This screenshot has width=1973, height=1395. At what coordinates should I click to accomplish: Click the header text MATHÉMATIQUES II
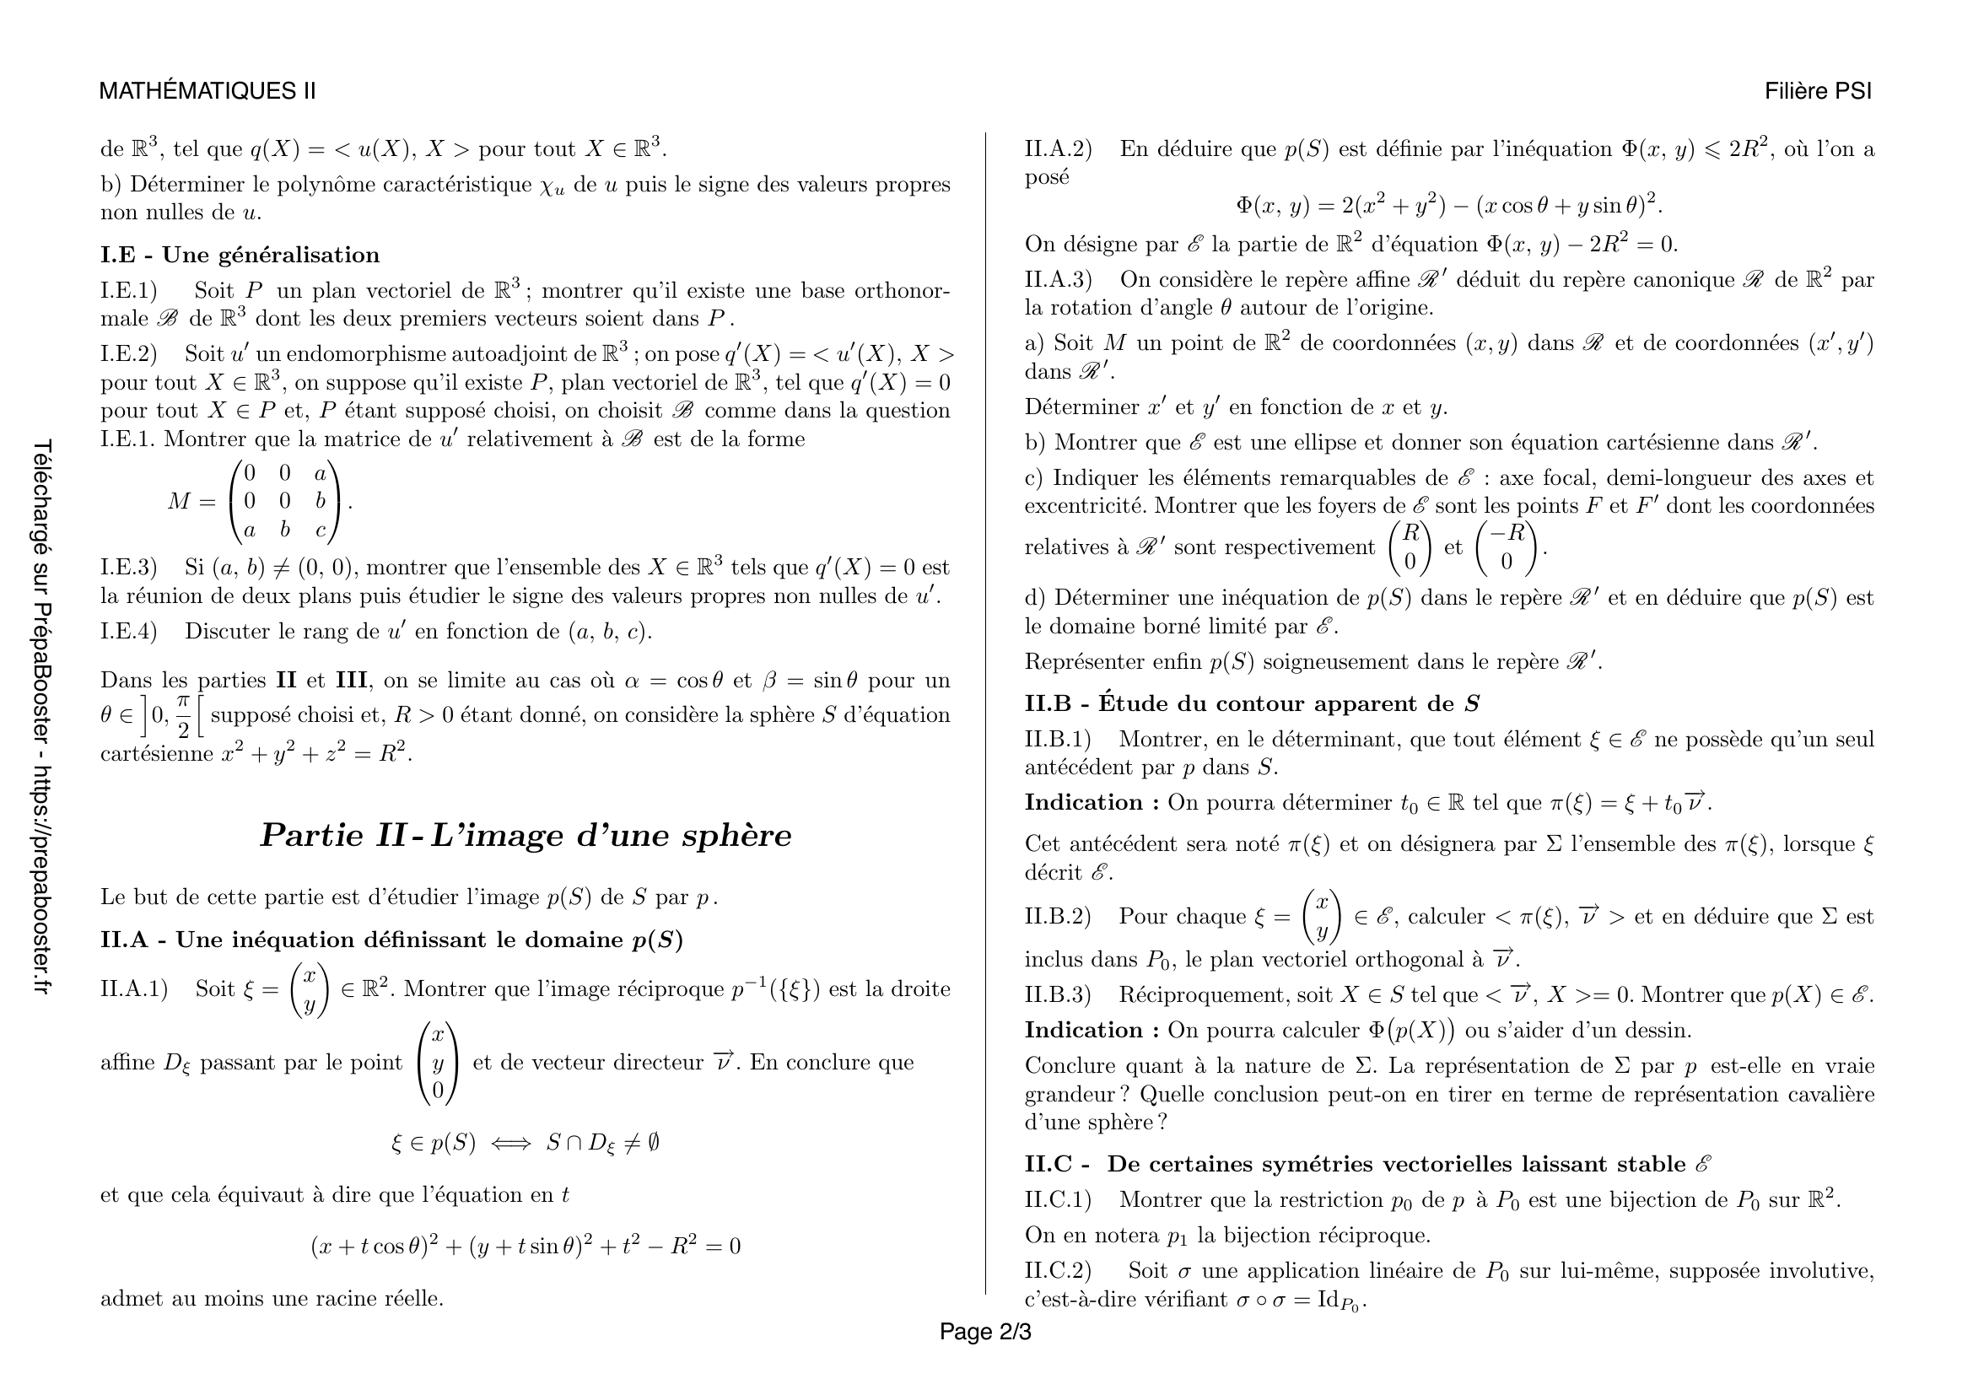click(208, 91)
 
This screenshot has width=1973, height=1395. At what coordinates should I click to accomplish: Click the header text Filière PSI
click(1818, 91)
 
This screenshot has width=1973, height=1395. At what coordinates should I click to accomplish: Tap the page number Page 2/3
click(984, 1332)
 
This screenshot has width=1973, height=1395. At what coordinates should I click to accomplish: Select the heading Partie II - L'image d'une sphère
click(525, 835)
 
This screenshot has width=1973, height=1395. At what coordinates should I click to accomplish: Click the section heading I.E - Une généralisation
click(240, 255)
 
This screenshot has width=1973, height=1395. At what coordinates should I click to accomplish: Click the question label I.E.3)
click(129, 568)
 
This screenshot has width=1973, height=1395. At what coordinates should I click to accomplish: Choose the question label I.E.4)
click(129, 632)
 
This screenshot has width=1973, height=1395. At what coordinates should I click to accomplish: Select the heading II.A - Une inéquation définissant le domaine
click(391, 940)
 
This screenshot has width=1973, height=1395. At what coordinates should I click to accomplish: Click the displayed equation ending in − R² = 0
click(525, 1246)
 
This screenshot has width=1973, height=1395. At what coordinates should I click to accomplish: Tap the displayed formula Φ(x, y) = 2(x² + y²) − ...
click(1449, 205)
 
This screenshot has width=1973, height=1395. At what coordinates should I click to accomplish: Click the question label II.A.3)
click(1058, 280)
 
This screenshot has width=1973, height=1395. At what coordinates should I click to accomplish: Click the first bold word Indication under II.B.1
click(1084, 802)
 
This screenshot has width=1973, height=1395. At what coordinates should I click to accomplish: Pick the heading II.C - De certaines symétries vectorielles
click(1367, 1164)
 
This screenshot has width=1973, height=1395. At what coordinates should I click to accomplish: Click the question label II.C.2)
click(1058, 1270)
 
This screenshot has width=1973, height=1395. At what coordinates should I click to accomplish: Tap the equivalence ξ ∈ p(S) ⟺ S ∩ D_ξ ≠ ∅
click(525, 1144)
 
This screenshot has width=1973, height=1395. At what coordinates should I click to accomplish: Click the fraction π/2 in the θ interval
click(183, 717)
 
